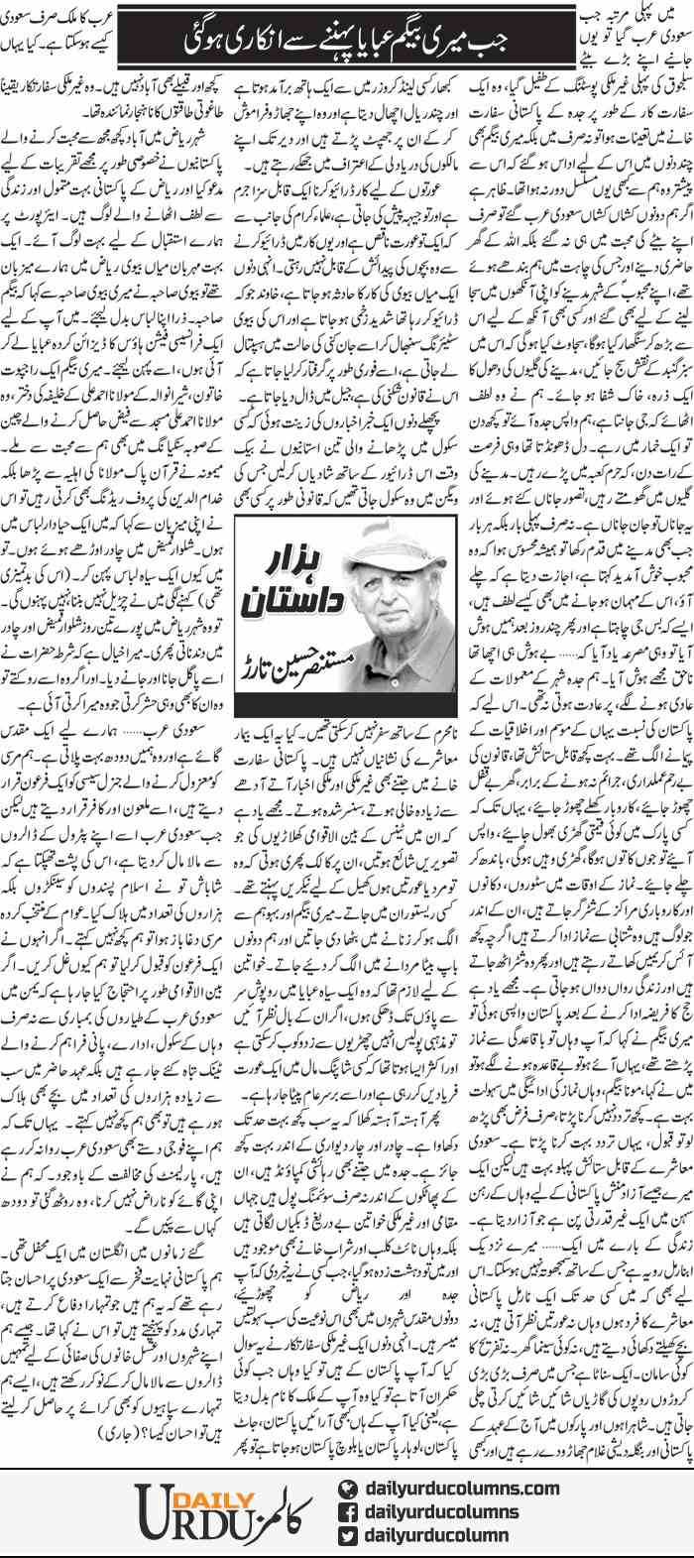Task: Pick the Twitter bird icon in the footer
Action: point(346,1536)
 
